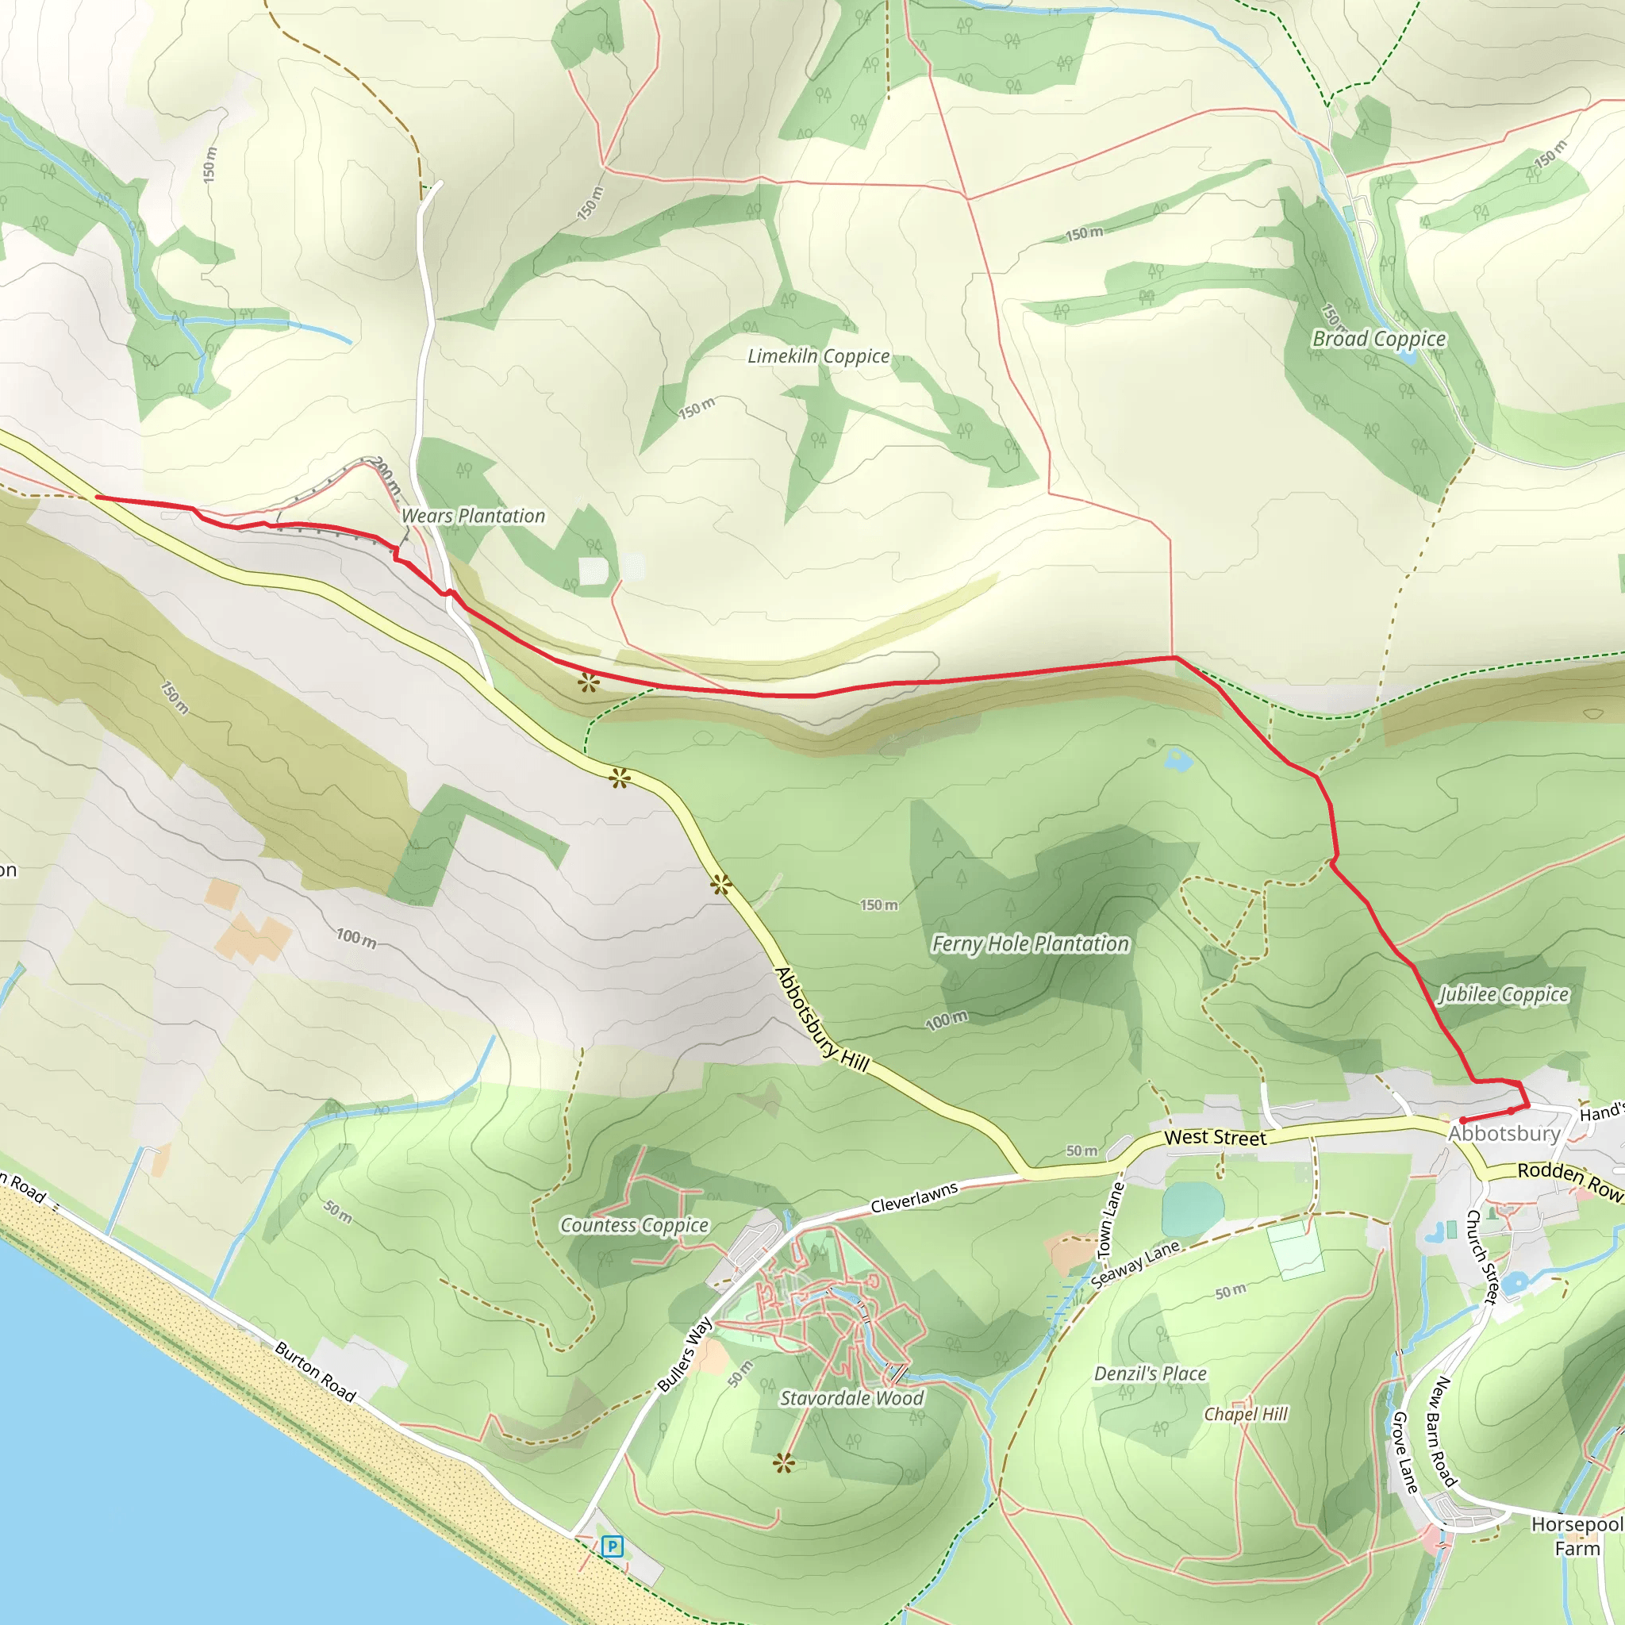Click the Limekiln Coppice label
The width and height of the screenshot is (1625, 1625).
click(818, 355)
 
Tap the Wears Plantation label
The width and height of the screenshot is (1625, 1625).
click(473, 516)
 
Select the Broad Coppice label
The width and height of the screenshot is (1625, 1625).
click(1378, 339)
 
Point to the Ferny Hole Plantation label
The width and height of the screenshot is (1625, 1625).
click(1031, 943)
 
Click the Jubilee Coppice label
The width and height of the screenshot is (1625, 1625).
click(1504, 994)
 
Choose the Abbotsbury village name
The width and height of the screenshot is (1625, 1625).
click(1504, 1133)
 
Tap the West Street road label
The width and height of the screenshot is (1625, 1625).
click(1215, 1138)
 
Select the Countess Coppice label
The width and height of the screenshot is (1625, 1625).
click(634, 1225)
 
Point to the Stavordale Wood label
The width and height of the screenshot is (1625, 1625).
click(851, 1398)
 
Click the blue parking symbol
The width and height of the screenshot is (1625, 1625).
click(613, 1546)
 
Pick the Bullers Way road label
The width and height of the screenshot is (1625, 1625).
click(685, 1355)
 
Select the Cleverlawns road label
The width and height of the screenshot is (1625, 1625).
click(914, 1197)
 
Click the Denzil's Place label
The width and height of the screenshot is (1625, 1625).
click(1150, 1373)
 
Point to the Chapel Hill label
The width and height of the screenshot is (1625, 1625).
click(1246, 1414)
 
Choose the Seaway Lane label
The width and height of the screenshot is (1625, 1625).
click(1135, 1264)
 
